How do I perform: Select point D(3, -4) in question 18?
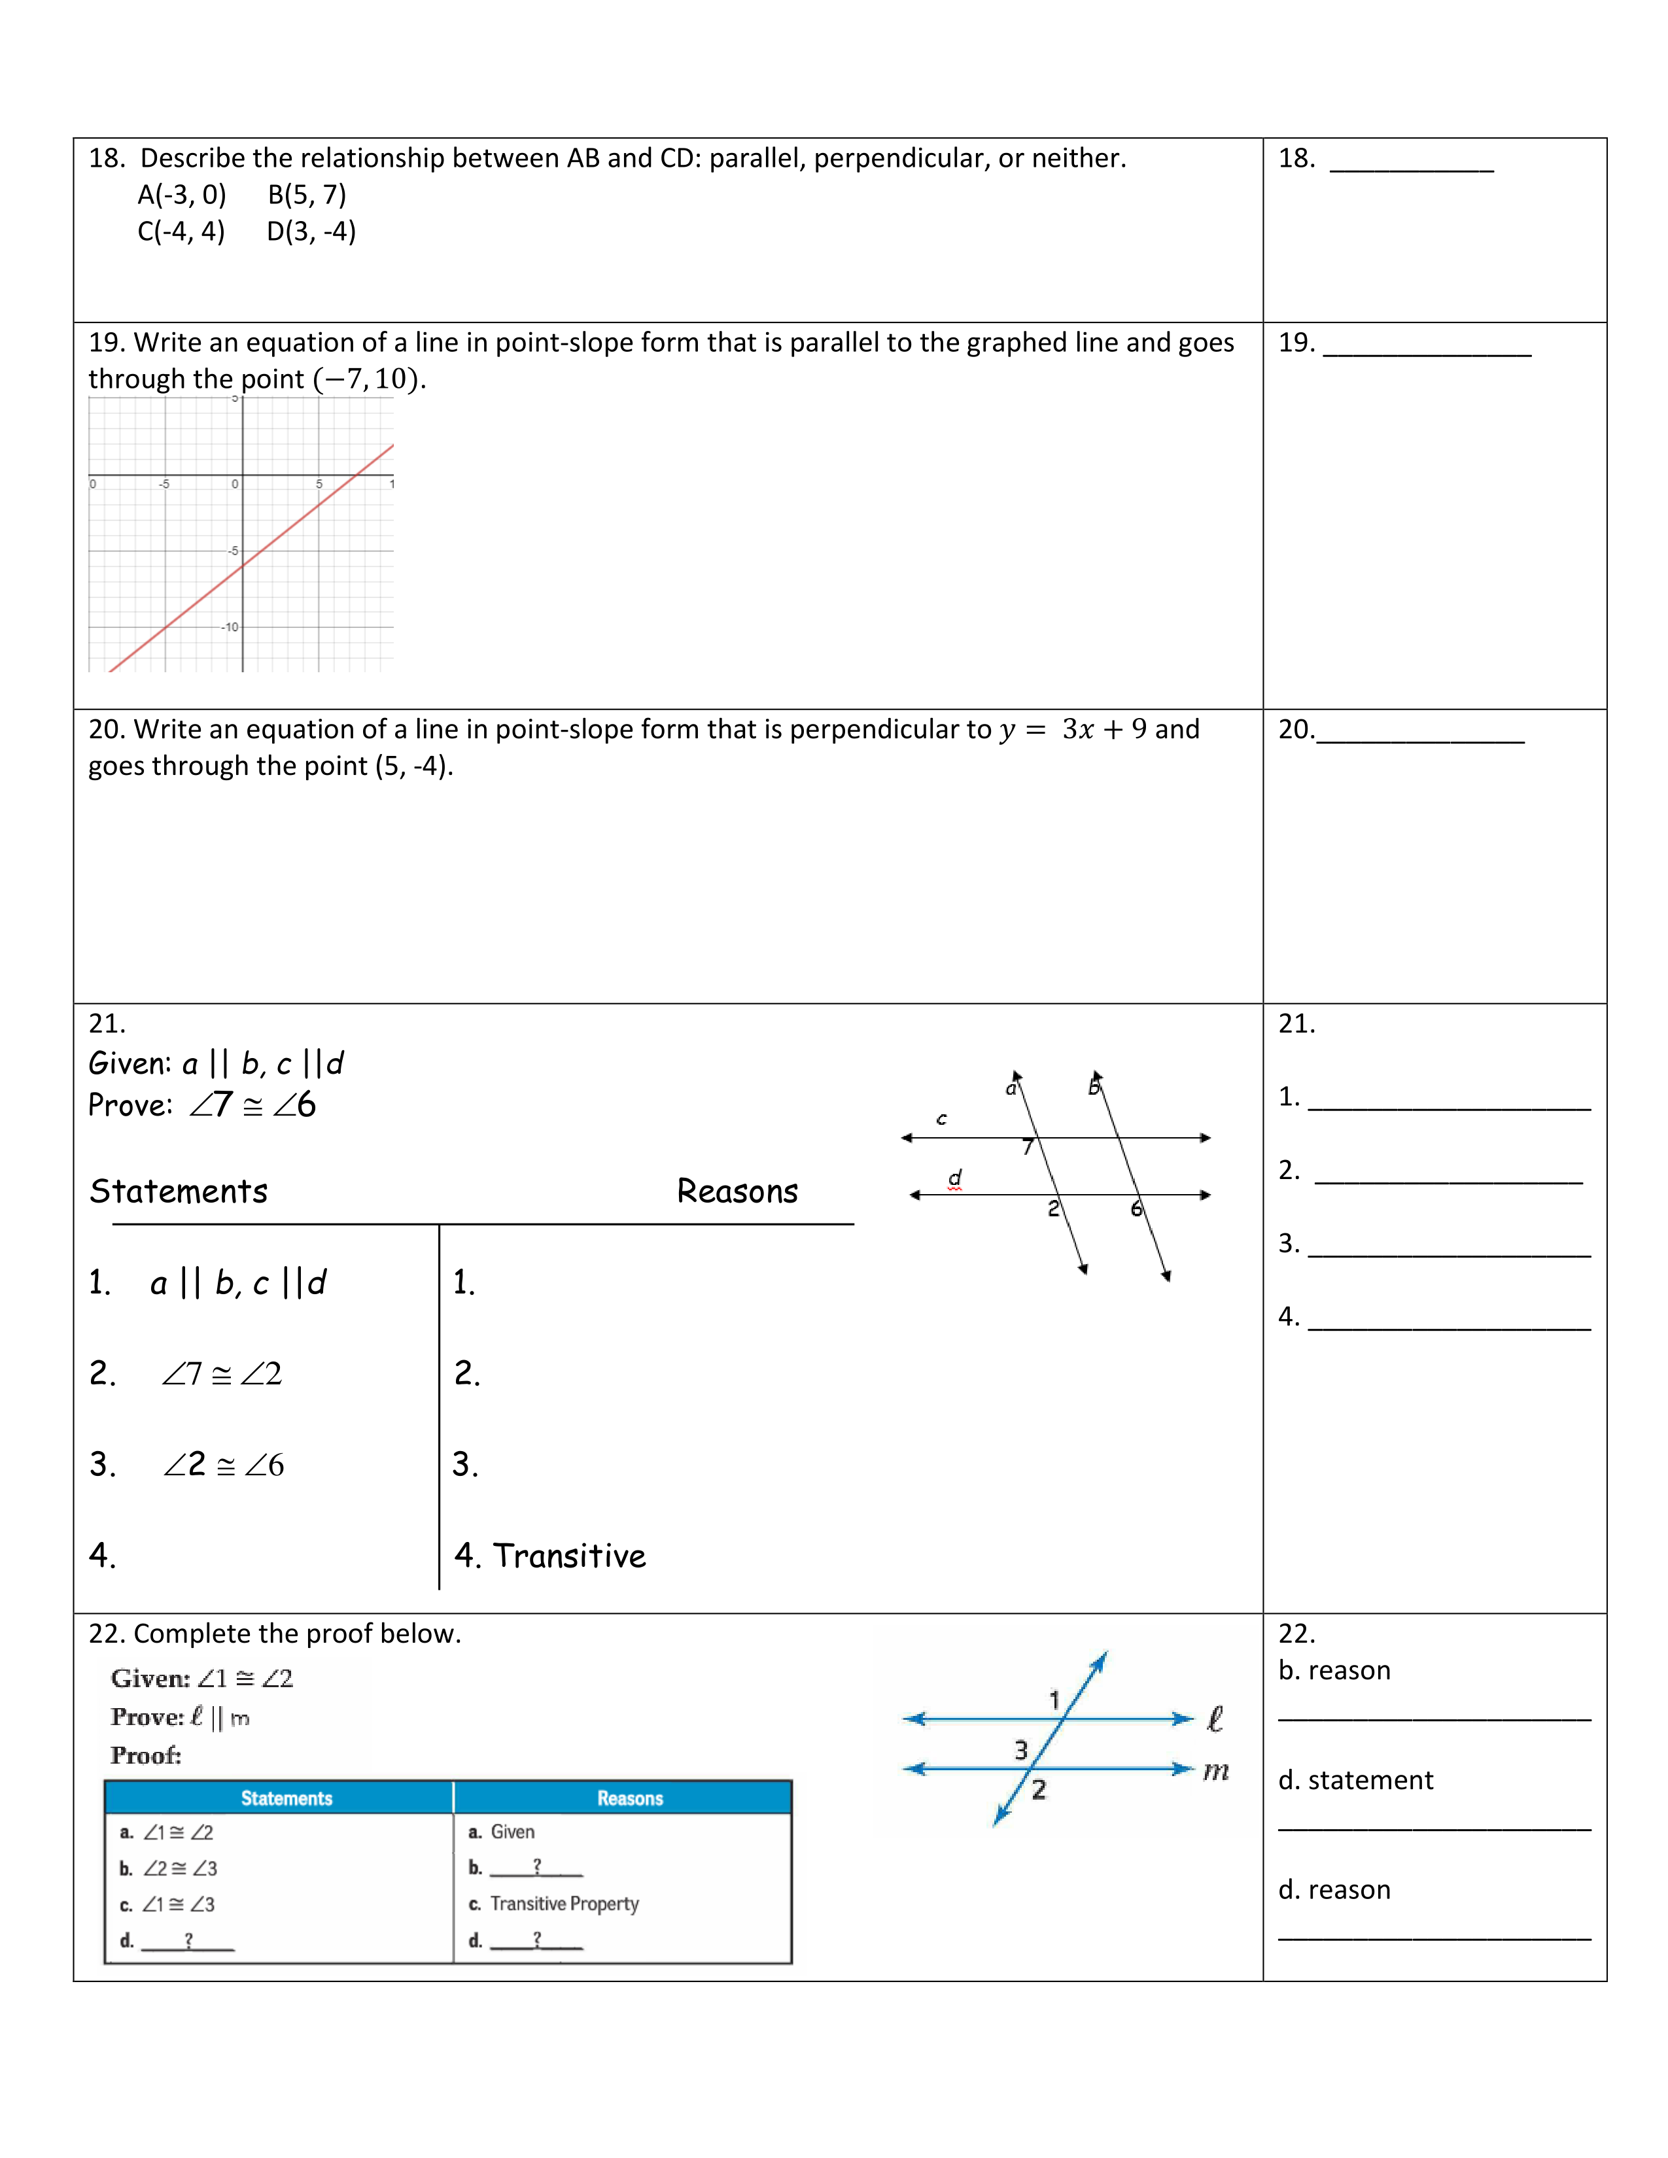311,231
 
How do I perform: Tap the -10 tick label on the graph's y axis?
230,627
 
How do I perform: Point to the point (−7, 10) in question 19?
368,379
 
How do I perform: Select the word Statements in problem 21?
179,1191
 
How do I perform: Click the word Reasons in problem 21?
737,1191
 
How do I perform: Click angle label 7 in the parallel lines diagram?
1028,1147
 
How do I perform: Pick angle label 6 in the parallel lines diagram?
1136,1208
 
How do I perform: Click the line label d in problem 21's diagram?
954,1177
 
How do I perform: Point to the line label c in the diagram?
942,1118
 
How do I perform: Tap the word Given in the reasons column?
513,1832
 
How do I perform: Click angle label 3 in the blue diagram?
1021,1750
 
